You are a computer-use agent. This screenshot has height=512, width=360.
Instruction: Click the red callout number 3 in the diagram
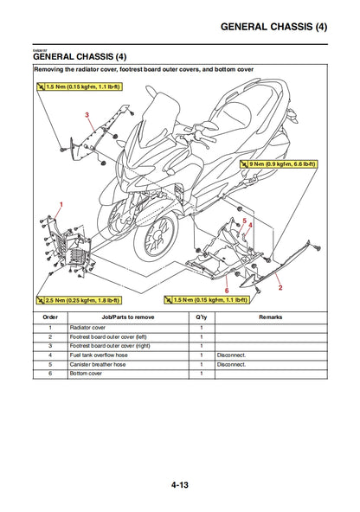click(x=87, y=114)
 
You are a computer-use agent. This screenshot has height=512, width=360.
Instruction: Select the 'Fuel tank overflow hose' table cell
click(x=100, y=355)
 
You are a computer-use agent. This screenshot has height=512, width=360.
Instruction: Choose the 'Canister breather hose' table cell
click(x=99, y=364)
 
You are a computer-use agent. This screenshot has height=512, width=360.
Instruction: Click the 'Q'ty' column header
click(x=201, y=317)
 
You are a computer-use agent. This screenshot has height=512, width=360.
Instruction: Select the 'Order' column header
click(x=50, y=317)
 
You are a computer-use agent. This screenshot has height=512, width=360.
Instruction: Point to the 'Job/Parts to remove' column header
click(x=127, y=317)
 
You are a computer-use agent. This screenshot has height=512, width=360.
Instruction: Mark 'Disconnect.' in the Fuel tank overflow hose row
click(x=232, y=355)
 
